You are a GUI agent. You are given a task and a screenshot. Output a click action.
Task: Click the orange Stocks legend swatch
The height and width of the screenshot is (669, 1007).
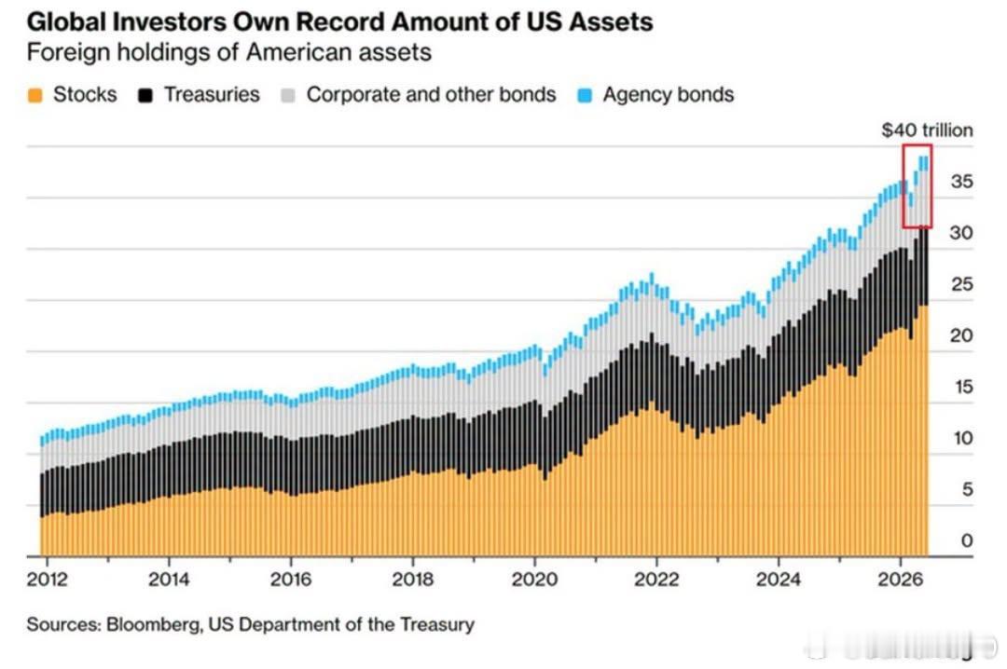tap(35, 96)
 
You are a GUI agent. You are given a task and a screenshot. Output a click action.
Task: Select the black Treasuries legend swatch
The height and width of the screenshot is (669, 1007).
tap(145, 96)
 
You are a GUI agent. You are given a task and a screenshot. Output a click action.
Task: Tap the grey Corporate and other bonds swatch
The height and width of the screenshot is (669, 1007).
tap(288, 96)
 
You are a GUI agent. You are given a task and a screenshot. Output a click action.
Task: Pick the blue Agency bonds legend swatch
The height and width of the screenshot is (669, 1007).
tap(585, 96)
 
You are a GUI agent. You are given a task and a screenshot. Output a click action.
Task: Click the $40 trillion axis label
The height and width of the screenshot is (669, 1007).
tap(927, 130)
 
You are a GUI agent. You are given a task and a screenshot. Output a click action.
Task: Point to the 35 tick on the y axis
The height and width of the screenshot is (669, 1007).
tap(961, 182)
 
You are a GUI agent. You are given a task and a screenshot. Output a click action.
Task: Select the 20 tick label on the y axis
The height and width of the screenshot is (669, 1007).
tap(961, 335)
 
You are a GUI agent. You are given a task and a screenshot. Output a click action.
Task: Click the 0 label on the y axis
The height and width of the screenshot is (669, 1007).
tap(967, 540)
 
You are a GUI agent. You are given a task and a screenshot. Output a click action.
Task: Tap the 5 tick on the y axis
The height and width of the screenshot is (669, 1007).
tap(967, 489)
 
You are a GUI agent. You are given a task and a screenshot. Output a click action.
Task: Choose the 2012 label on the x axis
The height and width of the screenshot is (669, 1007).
tap(47, 580)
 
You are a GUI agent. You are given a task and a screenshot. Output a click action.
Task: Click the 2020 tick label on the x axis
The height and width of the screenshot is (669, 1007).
tap(534, 580)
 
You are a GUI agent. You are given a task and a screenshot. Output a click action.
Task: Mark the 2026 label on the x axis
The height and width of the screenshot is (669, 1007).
tap(901, 580)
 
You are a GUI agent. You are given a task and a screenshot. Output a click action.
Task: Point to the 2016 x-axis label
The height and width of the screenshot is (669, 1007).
tap(291, 580)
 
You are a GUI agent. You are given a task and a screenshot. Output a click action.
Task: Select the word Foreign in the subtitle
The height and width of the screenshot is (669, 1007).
tap(66, 53)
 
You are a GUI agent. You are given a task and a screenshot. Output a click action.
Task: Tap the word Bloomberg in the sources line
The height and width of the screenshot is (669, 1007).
tap(154, 624)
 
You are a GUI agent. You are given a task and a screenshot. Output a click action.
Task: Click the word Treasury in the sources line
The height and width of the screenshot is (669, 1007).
tap(436, 624)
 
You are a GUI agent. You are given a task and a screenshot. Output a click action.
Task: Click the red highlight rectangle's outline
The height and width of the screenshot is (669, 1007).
tap(904, 186)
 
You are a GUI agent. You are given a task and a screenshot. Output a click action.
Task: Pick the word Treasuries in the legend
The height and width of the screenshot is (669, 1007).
tap(212, 95)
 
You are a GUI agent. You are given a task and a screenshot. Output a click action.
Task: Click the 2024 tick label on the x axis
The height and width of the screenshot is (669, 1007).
tap(779, 580)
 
